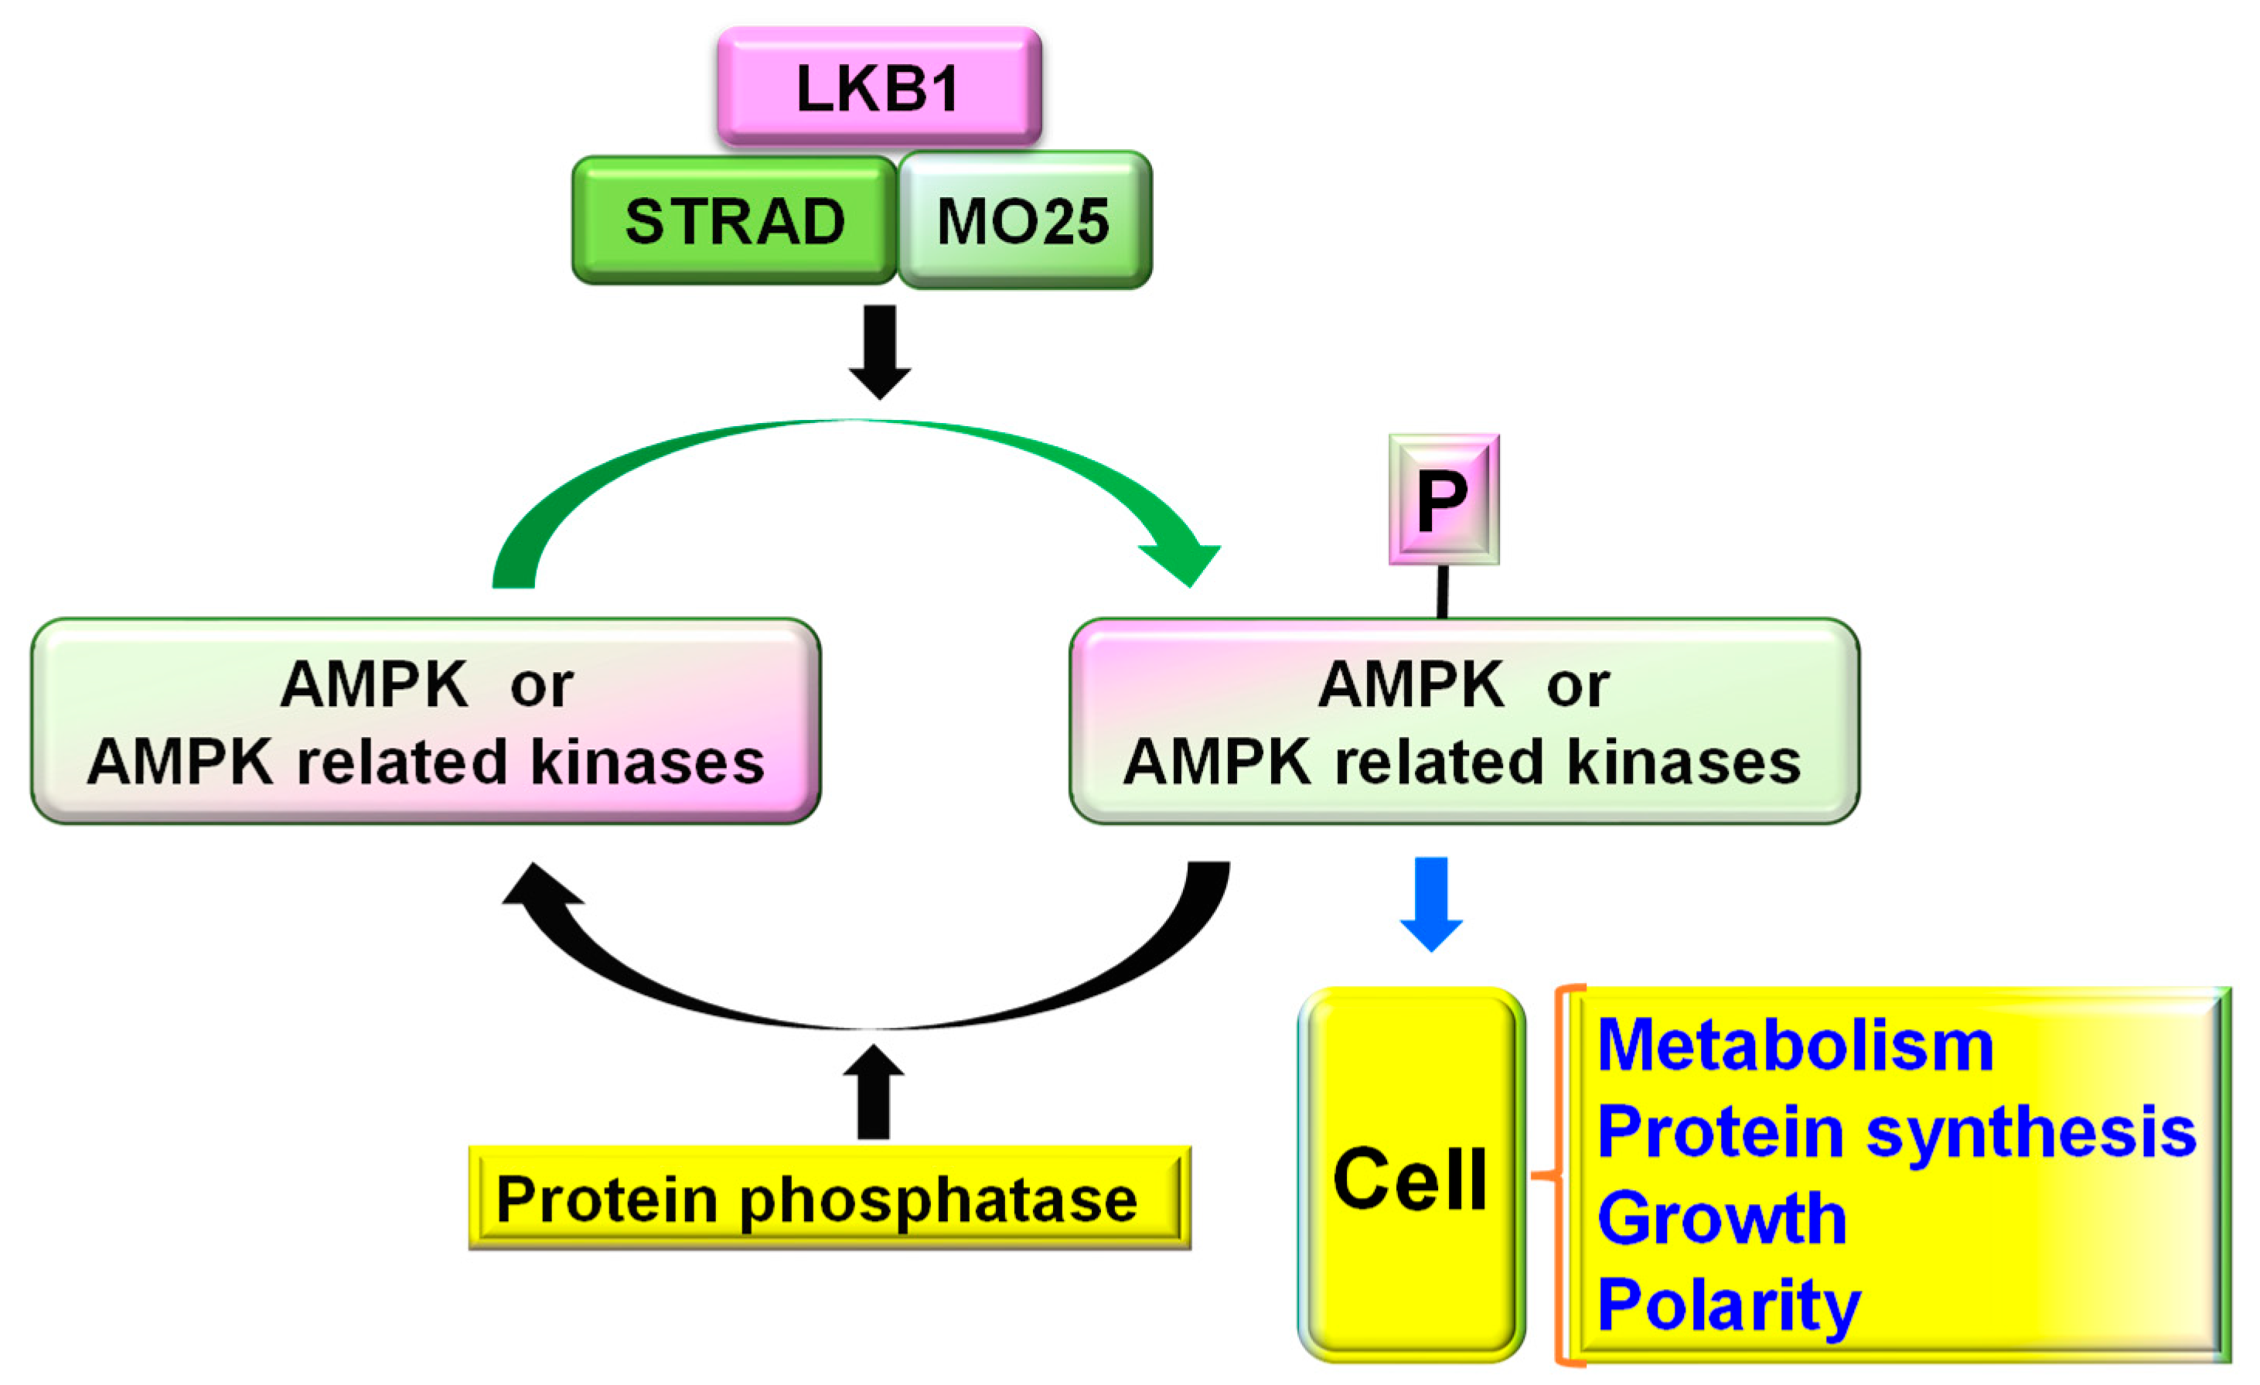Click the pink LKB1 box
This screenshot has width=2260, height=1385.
pyautogui.click(x=878, y=87)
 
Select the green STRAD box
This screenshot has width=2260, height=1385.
pyautogui.click(x=734, y=221)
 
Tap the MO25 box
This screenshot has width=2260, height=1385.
pyautogui.click(x=1024, y=221)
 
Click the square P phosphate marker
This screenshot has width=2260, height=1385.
pyautogui.click(x=1443, y=500)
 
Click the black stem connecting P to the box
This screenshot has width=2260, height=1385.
pyautogui.click(x=1442, y=592)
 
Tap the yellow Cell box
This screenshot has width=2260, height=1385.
pyautogui.click(x=1411, y=1178)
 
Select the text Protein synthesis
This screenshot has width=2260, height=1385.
pyautogui.click(x=1896, y=1133)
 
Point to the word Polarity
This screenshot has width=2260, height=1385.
pyautogui.click(x=1728, y=1305)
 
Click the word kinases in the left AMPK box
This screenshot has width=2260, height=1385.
pyautogui.click(x=648, y=762)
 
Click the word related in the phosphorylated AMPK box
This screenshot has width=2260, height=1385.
pyautogui.click(x=1438, y=762)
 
